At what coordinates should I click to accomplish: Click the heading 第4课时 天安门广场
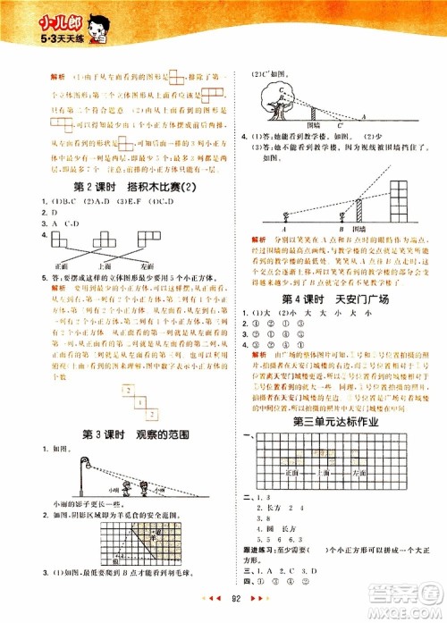(328, 299)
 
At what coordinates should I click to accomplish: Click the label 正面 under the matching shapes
(62, 265)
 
